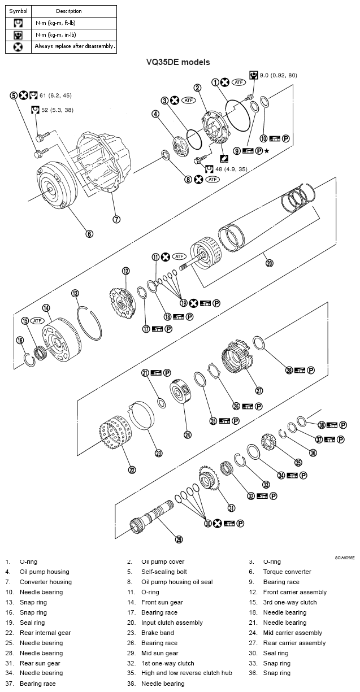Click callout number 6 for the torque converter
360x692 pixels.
tap(89, 233)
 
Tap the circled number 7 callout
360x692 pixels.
tap(116, 219)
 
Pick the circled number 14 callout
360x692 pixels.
tap(46, 308)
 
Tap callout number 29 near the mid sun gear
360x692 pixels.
tap(179, 539)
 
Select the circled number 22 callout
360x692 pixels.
tap(132, 469)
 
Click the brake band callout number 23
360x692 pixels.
tap(159, 452)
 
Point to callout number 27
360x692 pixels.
tap(259, 390)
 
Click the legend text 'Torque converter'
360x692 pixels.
tap(287, 572)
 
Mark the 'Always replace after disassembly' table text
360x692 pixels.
tap(75, 46)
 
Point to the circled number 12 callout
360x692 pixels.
tap(125, 271)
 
